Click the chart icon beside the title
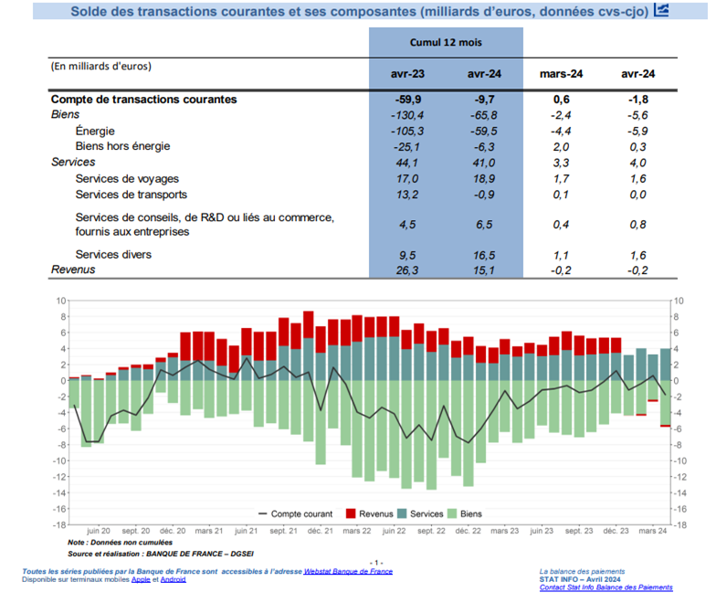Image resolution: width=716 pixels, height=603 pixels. (661, 10)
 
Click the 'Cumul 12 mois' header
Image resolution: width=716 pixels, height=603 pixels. (446, 42)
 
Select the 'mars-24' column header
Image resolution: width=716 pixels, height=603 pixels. (561, 74)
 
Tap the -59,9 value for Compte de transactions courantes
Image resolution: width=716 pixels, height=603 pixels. (407, 100)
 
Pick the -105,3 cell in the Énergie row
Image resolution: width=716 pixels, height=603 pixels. (407, 132)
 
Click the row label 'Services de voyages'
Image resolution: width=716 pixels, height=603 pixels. (127, 179)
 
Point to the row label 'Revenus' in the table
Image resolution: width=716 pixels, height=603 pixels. (73, 270)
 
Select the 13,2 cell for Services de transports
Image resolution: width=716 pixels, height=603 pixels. (407, 195)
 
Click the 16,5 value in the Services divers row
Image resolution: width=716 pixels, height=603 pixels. (484, 256)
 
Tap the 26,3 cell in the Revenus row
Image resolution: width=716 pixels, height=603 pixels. (407, 270)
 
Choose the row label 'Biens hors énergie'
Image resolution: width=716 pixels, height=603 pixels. (122, 146)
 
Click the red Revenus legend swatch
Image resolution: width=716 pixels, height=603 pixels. (351, 513)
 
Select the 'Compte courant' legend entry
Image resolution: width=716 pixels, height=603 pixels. (296, 513)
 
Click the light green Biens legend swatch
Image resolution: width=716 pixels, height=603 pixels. (452, 513)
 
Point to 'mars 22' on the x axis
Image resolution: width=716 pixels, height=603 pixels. (356, 531)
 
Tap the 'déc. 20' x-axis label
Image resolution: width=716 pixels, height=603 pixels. (173, 531)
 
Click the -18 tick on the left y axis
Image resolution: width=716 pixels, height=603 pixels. (59, 524)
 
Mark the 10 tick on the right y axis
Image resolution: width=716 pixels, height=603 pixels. (679, 301)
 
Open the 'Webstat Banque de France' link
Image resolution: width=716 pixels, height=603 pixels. (348, 572)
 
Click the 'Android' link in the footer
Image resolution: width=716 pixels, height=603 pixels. (174, 579)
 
